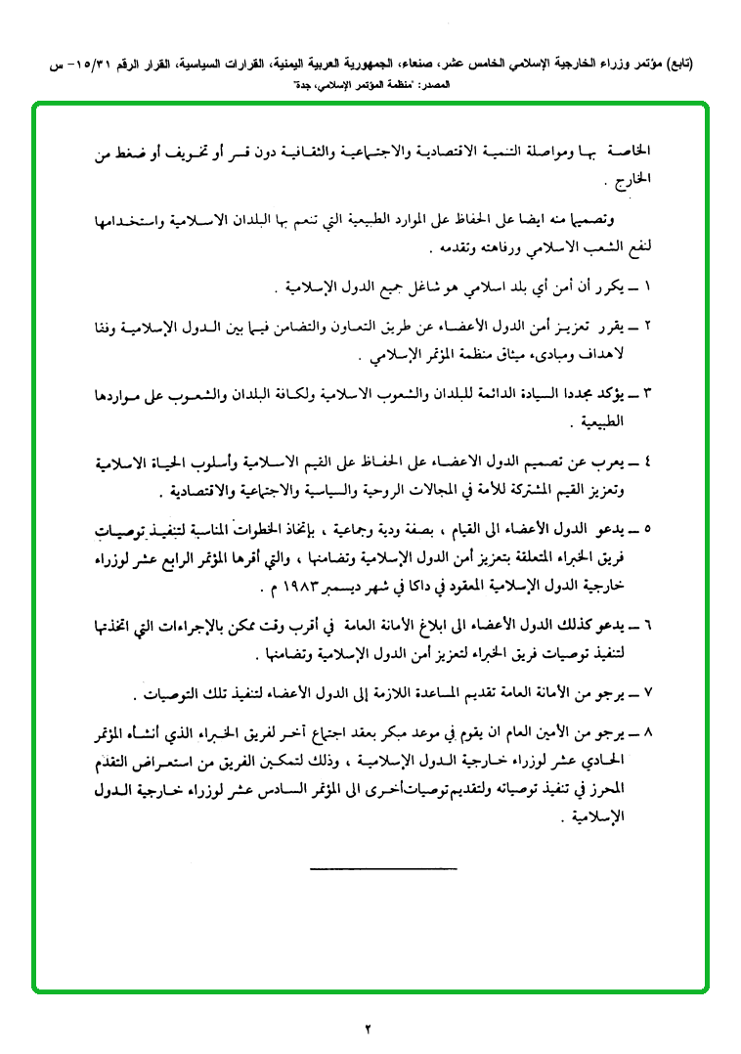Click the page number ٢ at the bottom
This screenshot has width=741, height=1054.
point(370,1028)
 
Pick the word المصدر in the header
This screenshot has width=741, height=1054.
point(435,85)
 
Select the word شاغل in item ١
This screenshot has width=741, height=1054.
point(406,291)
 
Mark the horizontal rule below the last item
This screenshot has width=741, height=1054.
point(383,867)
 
